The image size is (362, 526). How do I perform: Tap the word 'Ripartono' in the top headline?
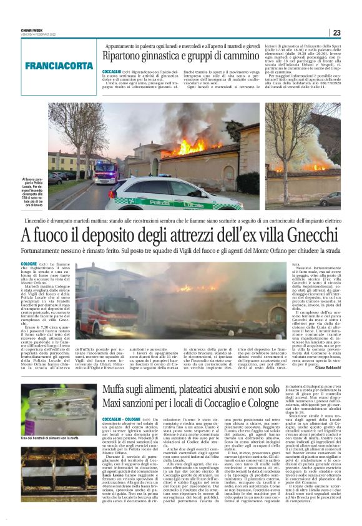(124, 56)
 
